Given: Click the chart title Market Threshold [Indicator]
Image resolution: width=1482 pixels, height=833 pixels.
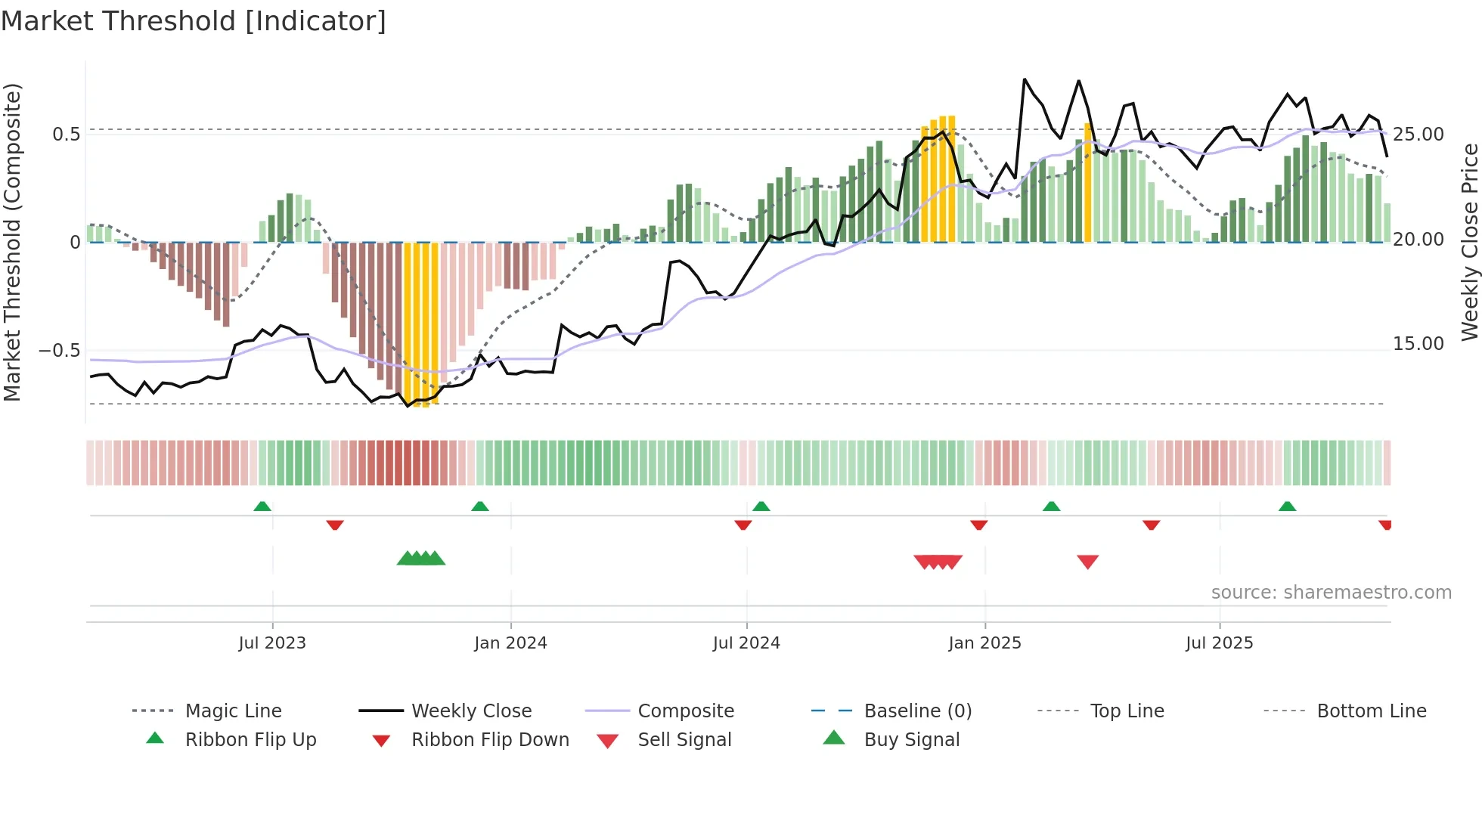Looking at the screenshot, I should point(194,21).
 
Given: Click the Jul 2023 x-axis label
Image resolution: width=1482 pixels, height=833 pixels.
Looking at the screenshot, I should point(272,643).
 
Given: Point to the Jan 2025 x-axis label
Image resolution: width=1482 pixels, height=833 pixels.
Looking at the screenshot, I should point(984,643).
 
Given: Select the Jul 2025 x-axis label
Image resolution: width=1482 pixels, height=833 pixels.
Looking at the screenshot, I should point(1219,643).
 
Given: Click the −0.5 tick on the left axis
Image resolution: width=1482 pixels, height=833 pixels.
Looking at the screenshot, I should point(59,351).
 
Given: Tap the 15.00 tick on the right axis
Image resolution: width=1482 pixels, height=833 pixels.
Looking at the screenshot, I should point(1418,344).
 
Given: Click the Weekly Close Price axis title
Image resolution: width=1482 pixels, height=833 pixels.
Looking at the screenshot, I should point(1469,242).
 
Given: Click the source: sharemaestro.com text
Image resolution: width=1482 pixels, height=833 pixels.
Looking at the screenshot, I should point(1331,593).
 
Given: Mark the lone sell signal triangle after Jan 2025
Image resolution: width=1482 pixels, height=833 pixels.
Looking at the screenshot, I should point(1087,562).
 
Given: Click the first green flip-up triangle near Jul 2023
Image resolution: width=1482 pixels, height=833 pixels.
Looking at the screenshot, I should point(262,506).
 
